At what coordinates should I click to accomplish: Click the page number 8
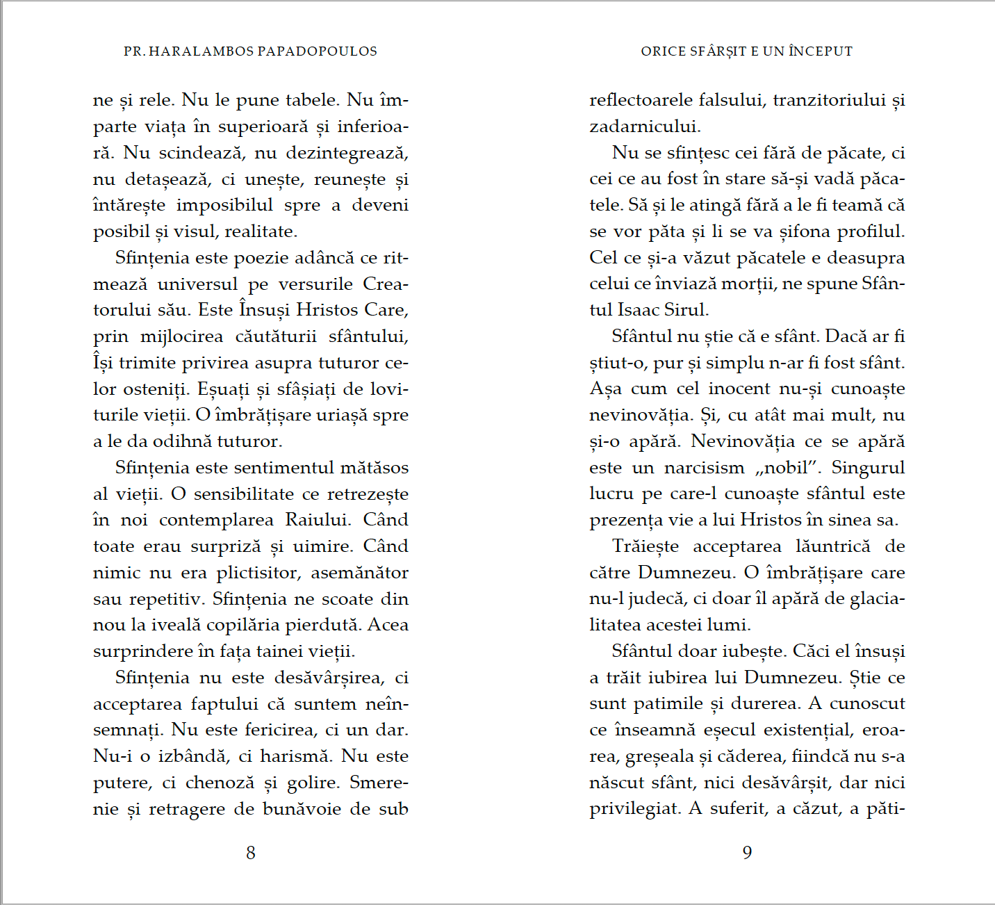tap(251, 852)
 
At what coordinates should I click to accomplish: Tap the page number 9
tap(747, 852)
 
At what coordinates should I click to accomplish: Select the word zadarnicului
tap(645, 127)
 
